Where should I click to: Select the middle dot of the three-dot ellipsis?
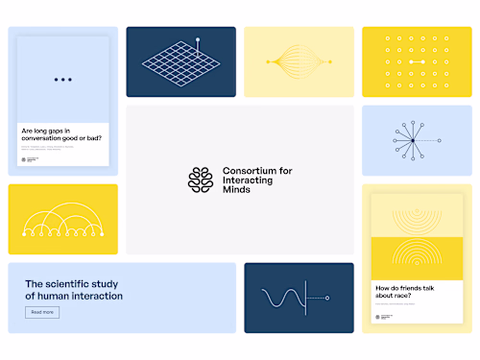[x=63, y=79]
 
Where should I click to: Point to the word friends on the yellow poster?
[x=416, y=287]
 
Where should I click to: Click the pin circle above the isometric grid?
[x=198, y=40]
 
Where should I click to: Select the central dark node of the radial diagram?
[x=412, y=141]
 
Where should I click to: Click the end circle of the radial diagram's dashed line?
[x=439, y=141]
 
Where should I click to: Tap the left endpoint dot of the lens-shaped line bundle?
[x=268, y=62]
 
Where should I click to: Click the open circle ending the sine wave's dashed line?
[x=328, y=299]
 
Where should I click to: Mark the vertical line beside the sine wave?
[x=304, y=299]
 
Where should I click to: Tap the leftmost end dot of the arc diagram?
[x=22, y=233]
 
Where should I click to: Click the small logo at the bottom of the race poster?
[x=380, y=317]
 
